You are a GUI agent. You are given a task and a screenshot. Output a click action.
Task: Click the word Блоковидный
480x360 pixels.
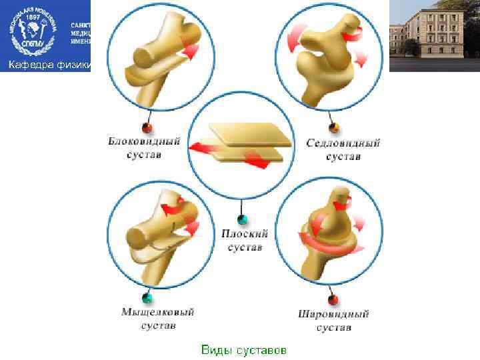click(143, 141)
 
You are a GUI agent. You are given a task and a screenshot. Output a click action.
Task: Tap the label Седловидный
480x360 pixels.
click(343, 143)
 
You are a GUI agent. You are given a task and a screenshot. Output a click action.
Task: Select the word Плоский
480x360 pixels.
click(245, 234)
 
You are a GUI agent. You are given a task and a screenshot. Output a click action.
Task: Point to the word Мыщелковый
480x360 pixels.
click(157, 312)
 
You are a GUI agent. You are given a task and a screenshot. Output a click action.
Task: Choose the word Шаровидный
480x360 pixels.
click(333, 314)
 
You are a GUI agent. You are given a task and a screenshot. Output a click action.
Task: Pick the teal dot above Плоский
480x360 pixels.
click(242, 219)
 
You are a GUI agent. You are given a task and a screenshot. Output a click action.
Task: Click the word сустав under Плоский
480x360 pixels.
click(245, 248)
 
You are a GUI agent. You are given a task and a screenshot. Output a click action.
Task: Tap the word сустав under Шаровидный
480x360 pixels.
click(333, 327)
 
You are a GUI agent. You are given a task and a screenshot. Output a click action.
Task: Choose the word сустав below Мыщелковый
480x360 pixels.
click(158, 326)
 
